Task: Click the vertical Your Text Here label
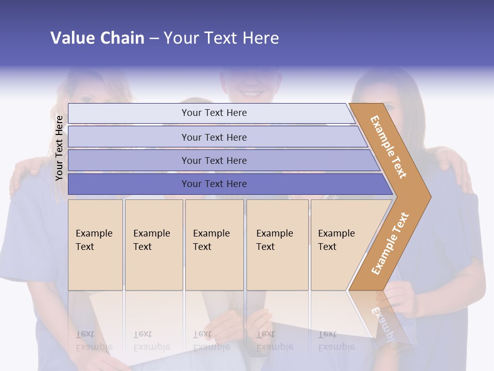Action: tap(59, 148)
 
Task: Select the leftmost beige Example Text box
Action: tap(95, 245)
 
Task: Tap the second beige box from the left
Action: tap(153, 245)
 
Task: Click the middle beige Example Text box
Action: tap(214, 245)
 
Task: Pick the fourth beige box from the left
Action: tap(277, 245)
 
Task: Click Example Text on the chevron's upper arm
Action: tap(389, 147)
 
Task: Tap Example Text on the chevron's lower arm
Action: tap(390, 243)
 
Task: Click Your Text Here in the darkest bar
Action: tap(214, 184)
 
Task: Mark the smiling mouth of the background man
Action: tap(251, 94)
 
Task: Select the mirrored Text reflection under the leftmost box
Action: tap(85, 334)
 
